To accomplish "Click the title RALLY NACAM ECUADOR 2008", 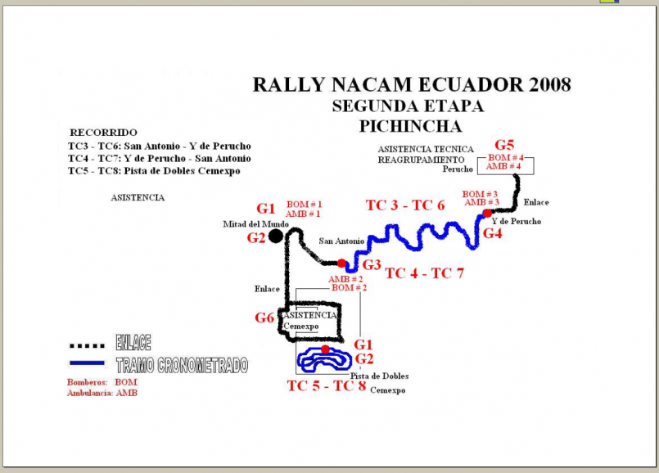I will [412, 85].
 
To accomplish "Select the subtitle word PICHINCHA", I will [410, 126].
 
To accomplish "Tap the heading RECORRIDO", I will [103, 133].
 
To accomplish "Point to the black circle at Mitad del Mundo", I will [276, 236].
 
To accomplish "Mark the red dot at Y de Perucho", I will [486, 214].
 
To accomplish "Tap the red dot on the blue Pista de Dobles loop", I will [325, 349].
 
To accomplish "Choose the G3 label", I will [372, 264].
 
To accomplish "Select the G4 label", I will [492, 233].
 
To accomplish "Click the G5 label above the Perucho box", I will [504, 145].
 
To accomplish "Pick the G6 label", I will [264, 318].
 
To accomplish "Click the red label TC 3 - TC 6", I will [404, 205].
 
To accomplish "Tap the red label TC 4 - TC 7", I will [424, 273].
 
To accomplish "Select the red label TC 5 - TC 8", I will [326, 385].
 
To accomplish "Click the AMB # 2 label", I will [345, 279].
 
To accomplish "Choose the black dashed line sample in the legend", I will [86, 345].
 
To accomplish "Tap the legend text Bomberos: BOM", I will [91, 381].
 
